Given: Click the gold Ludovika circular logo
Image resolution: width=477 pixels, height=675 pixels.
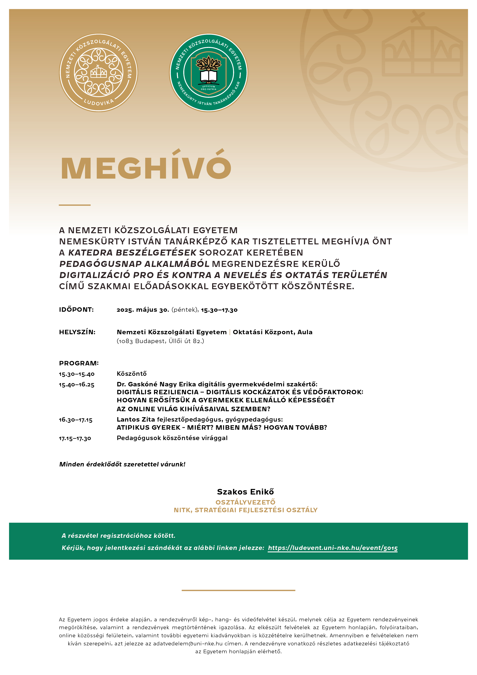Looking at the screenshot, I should click(x=98, y=73).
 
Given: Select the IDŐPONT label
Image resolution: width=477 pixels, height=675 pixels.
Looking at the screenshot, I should click(x=76, y=310).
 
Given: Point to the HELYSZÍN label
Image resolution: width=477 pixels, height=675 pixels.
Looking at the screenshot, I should click(x=77, y=332).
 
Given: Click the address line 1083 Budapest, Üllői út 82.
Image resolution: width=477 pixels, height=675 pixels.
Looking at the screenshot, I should click(x=160, y=341).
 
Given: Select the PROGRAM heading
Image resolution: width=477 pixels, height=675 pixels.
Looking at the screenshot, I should click(x=79, y=363).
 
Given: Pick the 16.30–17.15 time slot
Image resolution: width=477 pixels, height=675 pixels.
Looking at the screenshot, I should click(x=76, y=420).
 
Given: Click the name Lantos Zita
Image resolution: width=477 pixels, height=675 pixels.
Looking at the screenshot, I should click(x=136, y=419).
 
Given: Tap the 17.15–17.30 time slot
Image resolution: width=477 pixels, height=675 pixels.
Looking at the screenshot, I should click(x=75, y=438).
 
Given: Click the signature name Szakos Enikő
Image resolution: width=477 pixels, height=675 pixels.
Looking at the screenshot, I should click(x=245, y=492).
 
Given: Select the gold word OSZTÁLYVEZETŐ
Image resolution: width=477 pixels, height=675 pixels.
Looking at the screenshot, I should click(x=245, y=502).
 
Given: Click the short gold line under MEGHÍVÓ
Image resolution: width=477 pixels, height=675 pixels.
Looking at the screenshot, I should click(x=75, y=205).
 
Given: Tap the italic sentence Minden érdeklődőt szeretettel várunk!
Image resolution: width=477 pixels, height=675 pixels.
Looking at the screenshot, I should click(x=122, y=464).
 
